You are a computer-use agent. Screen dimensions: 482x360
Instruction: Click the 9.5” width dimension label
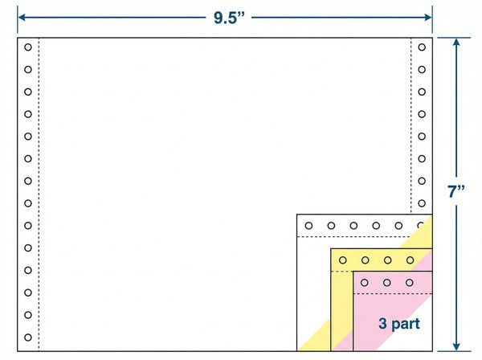229,18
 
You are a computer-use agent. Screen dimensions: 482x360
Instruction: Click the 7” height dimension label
456,191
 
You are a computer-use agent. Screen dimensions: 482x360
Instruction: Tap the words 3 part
399,324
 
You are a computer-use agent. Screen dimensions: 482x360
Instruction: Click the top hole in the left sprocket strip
28,47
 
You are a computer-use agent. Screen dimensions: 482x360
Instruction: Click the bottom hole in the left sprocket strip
28,337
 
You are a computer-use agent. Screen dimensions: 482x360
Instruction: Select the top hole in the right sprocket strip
422,47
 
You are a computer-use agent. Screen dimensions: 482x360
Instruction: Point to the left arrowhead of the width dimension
22,18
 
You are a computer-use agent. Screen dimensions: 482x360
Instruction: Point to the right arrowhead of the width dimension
428,18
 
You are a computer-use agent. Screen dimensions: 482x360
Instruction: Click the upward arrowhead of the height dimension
456,42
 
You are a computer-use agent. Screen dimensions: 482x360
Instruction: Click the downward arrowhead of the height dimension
456,347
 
